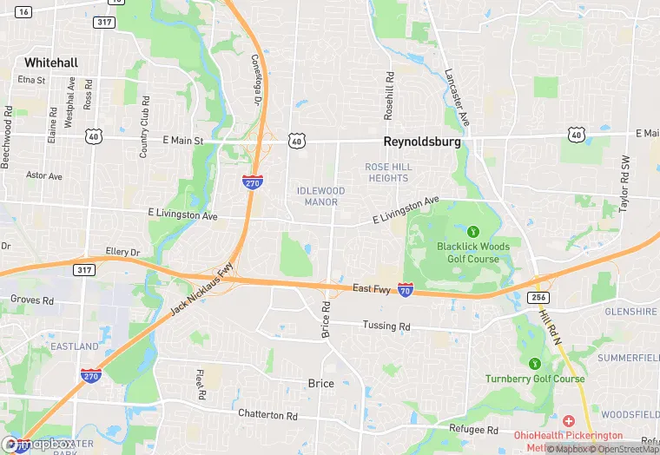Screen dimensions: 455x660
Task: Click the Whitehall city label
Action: point(51,63)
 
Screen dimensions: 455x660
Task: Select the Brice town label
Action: point(320,383)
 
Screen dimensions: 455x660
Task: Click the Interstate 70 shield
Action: point(405,292)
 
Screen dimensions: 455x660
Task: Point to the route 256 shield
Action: point(539,297)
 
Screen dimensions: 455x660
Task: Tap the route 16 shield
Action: point(23,11)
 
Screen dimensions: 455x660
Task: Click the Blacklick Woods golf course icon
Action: point(473,231)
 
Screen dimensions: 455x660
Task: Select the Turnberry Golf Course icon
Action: point(535,363)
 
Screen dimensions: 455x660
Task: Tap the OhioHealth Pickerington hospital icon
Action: point(570,420)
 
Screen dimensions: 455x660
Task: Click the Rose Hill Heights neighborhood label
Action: point(387,172)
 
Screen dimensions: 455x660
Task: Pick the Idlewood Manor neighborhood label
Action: point(320,196)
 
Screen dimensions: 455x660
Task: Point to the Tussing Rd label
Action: point(386,326)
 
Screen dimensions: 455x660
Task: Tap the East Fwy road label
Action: point(373,288)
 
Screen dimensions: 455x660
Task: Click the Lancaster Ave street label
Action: point(457,97)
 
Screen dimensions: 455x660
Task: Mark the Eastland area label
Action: point(75,346)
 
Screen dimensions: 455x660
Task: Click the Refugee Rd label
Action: point(474,430)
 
